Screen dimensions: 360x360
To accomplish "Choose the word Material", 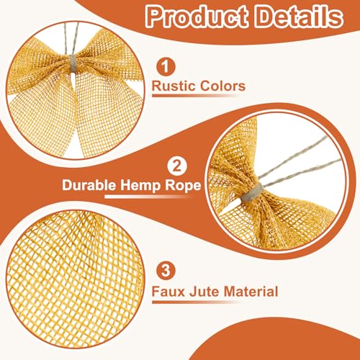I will (249, 292).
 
